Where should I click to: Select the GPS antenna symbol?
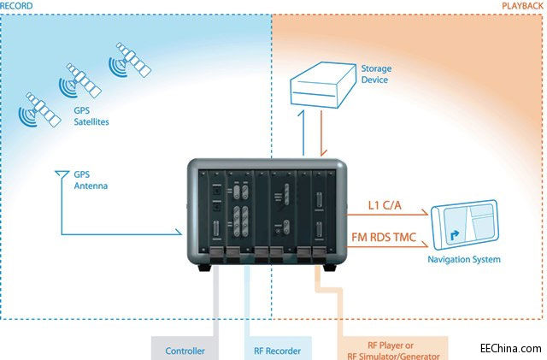tap(61, 176)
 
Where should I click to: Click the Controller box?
tap(185, 349)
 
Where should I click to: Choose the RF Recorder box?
tap(277, 349)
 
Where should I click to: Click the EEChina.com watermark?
tap(511, 349)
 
